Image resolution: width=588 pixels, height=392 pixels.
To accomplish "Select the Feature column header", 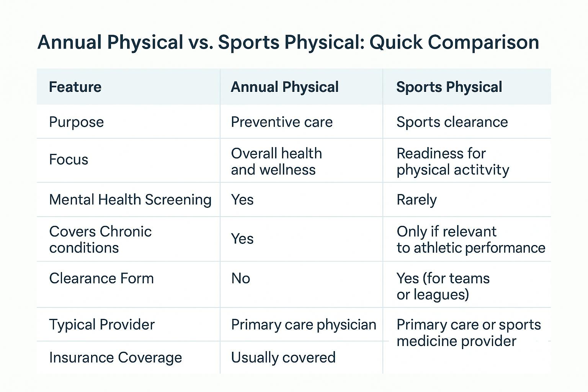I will tap(75, 87).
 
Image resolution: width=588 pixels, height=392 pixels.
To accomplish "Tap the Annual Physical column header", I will tap(284, 87).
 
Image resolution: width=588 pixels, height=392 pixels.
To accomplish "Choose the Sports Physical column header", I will tap(449, 87).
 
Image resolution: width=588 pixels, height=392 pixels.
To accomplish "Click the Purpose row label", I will tap(77, 122).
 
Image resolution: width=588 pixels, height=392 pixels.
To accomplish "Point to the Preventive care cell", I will tap(282, 122).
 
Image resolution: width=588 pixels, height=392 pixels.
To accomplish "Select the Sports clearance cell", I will tap(452, 122).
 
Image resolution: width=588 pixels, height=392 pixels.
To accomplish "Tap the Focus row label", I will tap(69, 160).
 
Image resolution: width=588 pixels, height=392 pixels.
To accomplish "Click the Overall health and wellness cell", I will tap(276, 162).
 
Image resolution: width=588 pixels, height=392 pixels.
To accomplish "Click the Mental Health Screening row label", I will tap(130, 200).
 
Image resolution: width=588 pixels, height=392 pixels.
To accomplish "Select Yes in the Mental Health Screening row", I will tap(242, 200).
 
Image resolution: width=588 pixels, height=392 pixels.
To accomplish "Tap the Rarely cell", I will tap(416, 200).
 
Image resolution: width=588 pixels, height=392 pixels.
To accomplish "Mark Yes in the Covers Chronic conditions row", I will tap(242, 239).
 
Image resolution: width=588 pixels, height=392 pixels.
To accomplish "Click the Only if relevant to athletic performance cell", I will tap(471, 240).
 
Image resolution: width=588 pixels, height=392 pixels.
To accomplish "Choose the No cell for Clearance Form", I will tap(240, 278).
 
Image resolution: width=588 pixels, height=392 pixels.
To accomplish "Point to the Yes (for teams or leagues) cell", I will tap(443, 286).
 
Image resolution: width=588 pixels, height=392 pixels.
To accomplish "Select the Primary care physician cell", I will tap(304, 325).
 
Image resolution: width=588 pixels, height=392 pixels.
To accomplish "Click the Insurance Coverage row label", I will tap(115, 358).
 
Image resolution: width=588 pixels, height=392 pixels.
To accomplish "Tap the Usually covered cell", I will tap(283, 358).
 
